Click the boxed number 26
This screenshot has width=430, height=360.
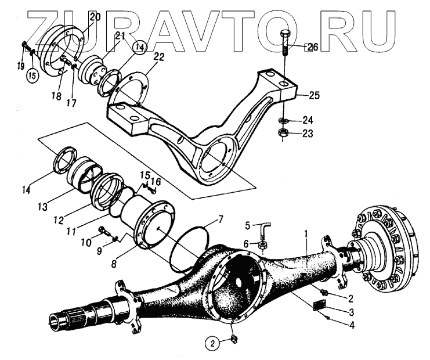tap(311, 47)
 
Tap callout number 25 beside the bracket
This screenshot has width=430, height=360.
tap(314, 95)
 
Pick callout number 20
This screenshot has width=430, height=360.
tap(95, 17)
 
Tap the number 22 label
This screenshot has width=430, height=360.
tap(158, 56)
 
